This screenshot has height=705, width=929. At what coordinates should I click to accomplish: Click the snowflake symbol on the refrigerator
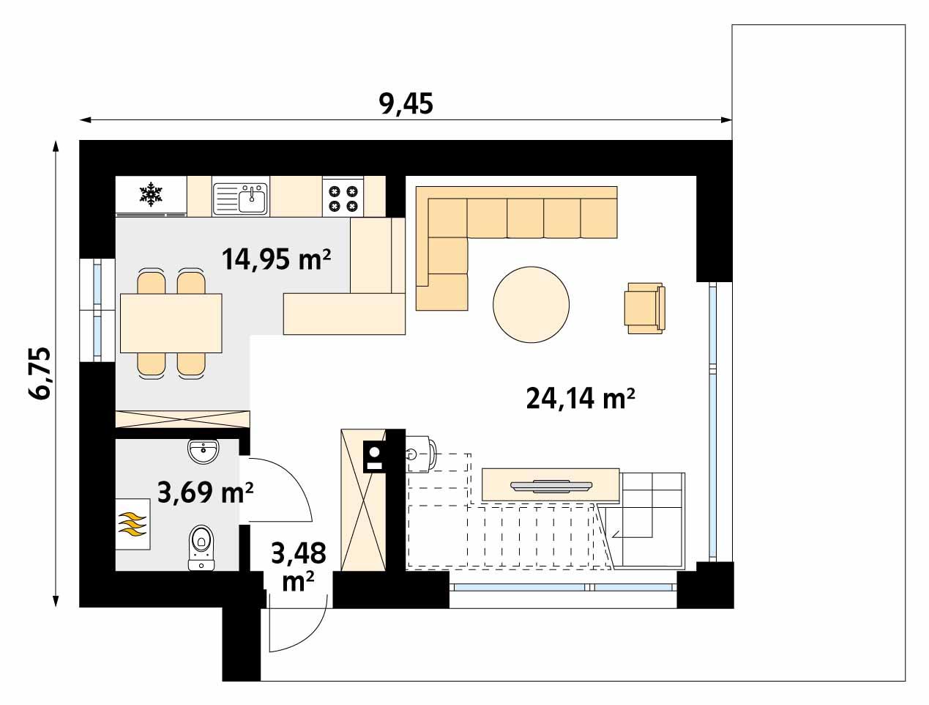(x=151, y=195)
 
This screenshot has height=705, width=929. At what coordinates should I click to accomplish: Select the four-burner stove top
(x=343, y=197)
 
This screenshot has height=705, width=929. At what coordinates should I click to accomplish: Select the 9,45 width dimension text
(x=406, y=105)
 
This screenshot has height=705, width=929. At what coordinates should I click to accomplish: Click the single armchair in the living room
(x=644, y=308)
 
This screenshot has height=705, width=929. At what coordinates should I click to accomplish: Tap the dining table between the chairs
(x=171, y=322)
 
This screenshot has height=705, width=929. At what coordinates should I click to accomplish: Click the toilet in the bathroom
(x=200, y=547)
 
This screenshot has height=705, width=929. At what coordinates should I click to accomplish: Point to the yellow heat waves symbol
(x=133, y=525)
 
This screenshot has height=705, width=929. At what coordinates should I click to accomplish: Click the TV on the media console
(x=551, y=483)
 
